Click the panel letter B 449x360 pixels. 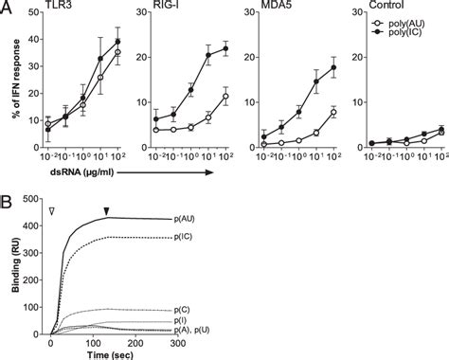pyautogui.click(x=9, y=202)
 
